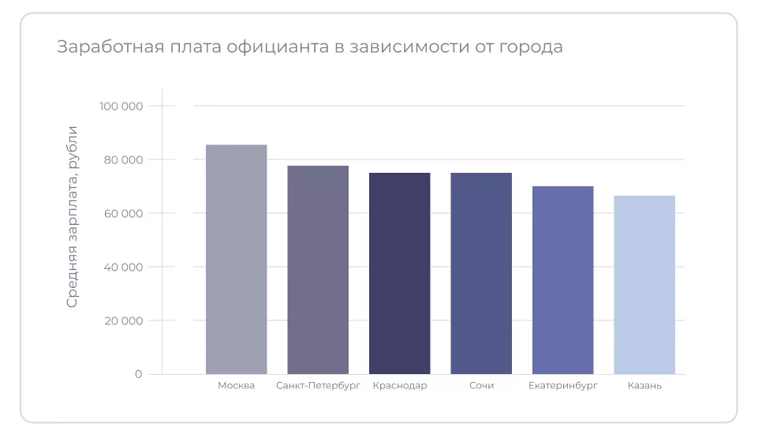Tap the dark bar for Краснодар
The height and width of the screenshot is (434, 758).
tap(400, 273)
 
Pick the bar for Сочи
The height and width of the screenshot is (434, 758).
tap(481, 273)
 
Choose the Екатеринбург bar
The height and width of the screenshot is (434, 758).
tap(562, 280)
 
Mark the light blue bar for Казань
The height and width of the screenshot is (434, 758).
tap(644, 285)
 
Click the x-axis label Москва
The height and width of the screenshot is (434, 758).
tap(237, 386)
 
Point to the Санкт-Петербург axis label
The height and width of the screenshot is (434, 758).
tap(318, 386)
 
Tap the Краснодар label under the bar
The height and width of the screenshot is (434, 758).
tap(400, 386)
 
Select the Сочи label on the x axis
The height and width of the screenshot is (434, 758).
tap(481, 386)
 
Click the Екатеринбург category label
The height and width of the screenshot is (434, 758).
tap(562, 386)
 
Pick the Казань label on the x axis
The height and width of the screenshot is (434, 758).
tap(644, 386)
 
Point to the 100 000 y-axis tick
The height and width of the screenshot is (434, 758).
tap(121, 107)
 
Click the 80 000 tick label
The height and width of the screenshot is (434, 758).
tap(122, 160)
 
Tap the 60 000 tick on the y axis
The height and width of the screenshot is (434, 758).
tap(122, 214)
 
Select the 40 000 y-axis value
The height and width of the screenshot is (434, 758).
tap(122, 268)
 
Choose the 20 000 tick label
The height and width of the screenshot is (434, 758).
tap(122, 321)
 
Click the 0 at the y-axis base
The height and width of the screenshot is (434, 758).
tap(138, 374)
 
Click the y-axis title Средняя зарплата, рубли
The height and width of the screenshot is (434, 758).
tap(73, 216)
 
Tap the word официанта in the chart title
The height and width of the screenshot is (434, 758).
tap(276, 47)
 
